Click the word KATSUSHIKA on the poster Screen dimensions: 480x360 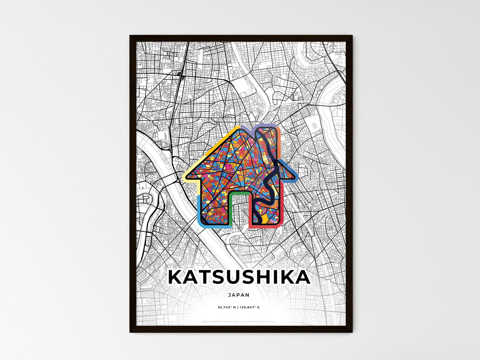[x=239, y=278]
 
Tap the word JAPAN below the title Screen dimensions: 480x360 [x=239, y=295]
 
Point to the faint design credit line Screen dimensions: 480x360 [x=239, y=321]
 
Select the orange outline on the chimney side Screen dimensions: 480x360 [x=279, y=143]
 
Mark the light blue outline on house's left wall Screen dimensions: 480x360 [x=198, y=209]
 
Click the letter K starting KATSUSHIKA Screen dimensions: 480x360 [x=176, y=278]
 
